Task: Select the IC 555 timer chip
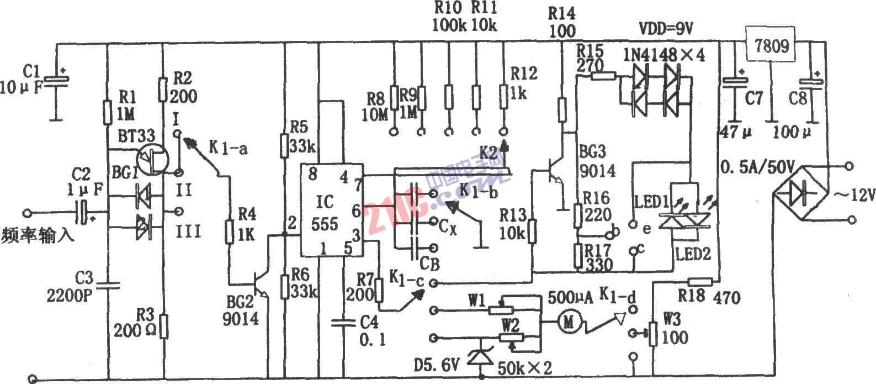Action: tap(330, 210)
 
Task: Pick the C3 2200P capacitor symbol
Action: tap(108, 286)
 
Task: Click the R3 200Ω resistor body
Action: tap(163, 325)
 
